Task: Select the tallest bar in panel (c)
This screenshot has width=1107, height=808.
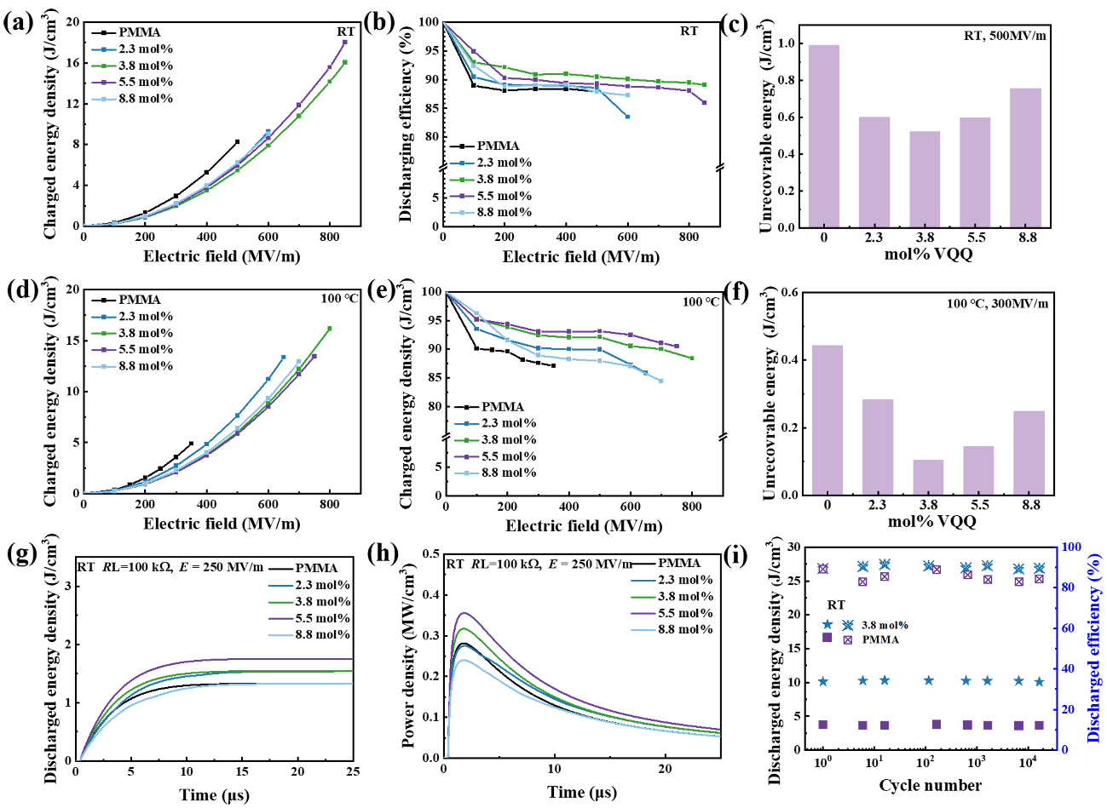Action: coord(825,136)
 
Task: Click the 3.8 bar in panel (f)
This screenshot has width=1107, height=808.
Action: coord(904,477)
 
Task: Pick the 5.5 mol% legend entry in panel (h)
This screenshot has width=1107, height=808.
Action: coord(685,613)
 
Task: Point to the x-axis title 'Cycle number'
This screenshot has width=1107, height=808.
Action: coord(930,785)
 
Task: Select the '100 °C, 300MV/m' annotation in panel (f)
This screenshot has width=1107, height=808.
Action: coord(997,304)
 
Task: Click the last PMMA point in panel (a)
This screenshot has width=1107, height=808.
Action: coord(237,141)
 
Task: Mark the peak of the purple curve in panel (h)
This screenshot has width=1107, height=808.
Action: coord(464,613)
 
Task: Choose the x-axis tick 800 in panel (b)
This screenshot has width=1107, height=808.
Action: coord(689,236)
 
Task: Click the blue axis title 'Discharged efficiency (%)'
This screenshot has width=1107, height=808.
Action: coord(1095,647)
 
